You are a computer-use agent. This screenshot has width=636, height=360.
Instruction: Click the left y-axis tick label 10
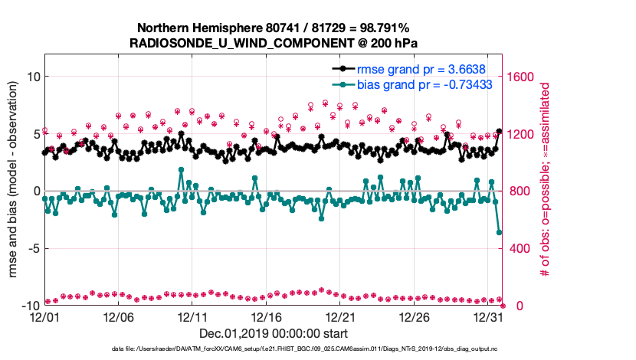(x=33, y=77)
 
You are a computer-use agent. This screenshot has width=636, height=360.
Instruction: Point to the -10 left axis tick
(x=30, y=306)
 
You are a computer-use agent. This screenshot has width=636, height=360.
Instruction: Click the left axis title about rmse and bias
(x=13, y=189)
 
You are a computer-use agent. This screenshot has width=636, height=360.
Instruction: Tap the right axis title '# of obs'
(x=546, y=189)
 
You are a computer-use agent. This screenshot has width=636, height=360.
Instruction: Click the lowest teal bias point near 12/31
(x=500, y=232)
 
